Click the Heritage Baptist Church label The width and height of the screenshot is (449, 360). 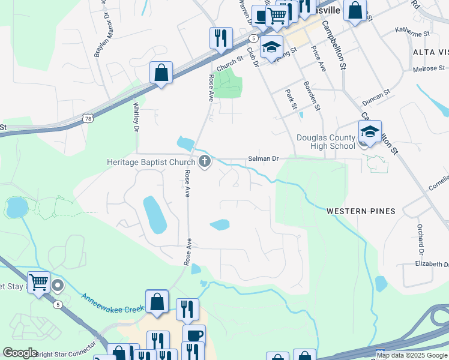click(x=151, y=162)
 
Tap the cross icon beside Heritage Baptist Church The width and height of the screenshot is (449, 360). click(x=205, y=161)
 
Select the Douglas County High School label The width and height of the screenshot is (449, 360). click(x=326, y=142)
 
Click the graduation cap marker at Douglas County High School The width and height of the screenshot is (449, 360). click(x=370, y=133)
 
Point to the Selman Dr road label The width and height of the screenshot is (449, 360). click(x=264, y=159)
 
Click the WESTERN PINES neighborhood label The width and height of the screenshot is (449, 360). click(x=361, y=211)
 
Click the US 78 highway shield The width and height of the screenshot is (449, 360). click(x=88, y=119)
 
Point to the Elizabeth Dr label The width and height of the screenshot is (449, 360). click(x=432, y=264)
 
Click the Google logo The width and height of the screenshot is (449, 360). click(x=20, y=353)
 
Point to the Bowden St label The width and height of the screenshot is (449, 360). click(x=312, y=96)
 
